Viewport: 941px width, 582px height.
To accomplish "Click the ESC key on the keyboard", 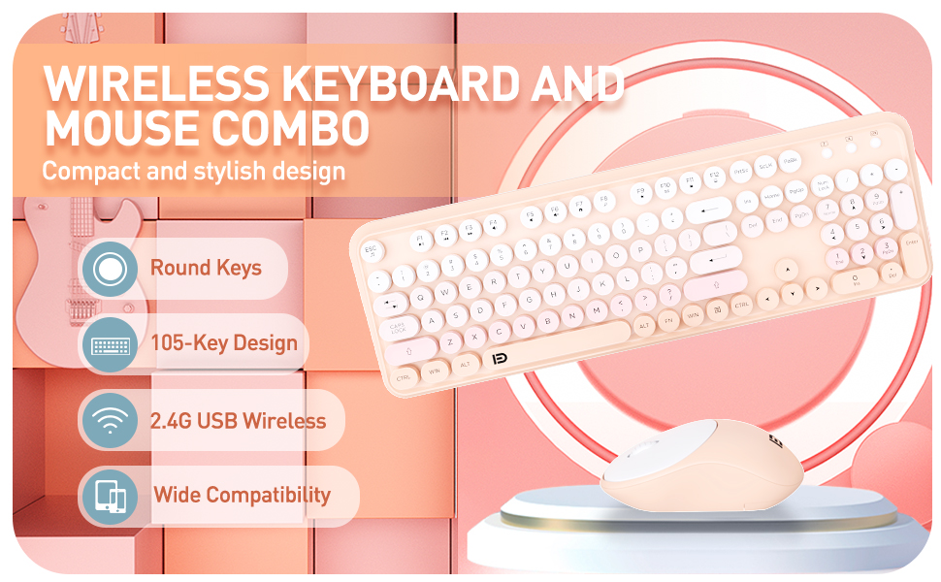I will tap(372, 250).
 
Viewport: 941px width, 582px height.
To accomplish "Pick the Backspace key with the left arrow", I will tap(709, 210).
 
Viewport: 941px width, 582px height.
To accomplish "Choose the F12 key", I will tap(714, 176).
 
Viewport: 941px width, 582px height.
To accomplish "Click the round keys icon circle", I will tap(109, 268).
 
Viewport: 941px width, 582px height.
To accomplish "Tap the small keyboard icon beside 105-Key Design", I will tap(109, 344).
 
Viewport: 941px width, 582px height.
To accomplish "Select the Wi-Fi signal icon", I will tap(109, 420).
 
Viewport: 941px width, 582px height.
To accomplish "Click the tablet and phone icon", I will tap(109, 496).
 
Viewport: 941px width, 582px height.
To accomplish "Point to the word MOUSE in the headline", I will tap(136, 128).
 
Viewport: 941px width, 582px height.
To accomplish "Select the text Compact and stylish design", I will tap(193, 172).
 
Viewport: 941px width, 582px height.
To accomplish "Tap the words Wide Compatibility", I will tap(242, 495).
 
